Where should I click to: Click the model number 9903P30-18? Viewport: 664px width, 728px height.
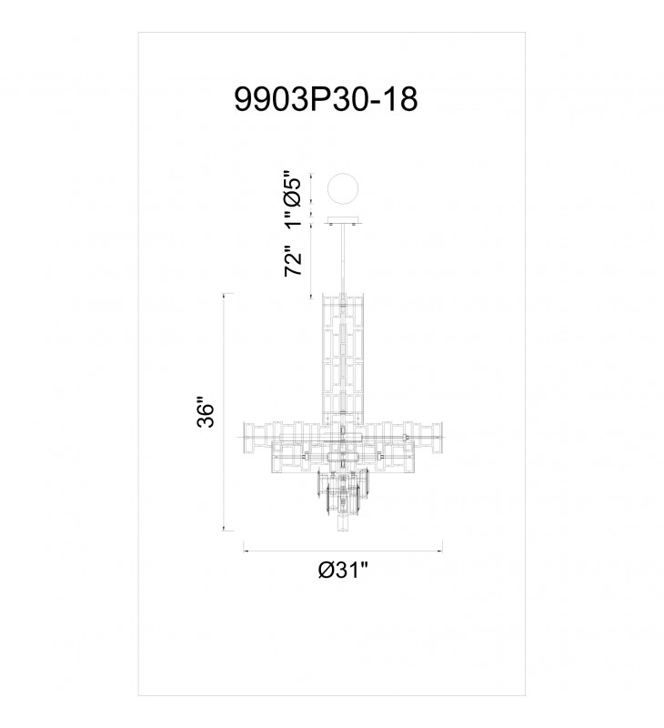pyautogui.click(x=326, y=99)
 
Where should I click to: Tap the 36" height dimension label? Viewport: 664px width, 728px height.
pyautogui.click(x=206, y=412)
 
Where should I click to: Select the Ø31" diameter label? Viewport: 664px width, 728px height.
pyautogui.click(x=343, y=570)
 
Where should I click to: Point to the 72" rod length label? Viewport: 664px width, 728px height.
pyautogui.click(x=293, y=261)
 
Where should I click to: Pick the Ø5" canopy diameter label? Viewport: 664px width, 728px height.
pyautogui.click(x=293, y=188)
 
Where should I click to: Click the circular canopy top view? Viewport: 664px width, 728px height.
pyautogui.click(x=343, y=189)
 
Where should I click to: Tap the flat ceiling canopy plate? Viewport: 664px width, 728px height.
pyautogui.click(x=343, y=220)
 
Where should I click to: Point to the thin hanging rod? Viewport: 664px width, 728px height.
pyautogui.click(x=343, y=258)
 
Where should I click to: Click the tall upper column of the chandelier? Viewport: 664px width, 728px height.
pyautogui.click(x=343, y=358)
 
